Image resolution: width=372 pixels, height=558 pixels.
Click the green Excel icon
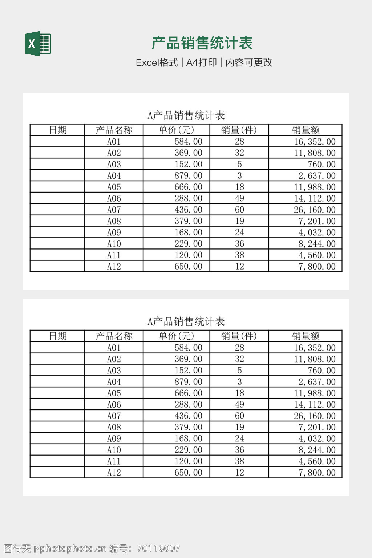point(38,44)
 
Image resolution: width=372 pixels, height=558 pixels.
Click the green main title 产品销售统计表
point(202,43)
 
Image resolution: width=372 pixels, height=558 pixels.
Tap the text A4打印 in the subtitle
point(201,62)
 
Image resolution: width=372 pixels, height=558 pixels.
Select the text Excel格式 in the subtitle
point(157,62)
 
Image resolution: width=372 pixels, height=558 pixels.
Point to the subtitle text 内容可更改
point(249,62)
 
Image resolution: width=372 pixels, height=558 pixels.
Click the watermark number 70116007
point(159,548)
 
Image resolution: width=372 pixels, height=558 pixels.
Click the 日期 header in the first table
point(58,130)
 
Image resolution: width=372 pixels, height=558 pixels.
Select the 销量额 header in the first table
point(306,130)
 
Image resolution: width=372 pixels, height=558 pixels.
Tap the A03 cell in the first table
point(114,164)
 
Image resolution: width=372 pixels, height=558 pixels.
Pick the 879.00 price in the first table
point(188,175)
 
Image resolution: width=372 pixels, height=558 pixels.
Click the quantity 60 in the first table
point(239,210)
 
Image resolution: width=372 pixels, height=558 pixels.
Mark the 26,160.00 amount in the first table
point(315,210)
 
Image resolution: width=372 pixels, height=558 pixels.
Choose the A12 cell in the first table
point(114,266)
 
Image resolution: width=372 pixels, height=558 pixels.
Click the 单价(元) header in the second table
point(177,336)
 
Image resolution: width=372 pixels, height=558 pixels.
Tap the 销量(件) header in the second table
point(239,336)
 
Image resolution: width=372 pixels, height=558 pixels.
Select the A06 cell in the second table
point(114,404)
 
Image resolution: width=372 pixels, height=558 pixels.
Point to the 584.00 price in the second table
point(188,348)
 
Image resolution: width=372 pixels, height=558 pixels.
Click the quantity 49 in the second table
point(239,404)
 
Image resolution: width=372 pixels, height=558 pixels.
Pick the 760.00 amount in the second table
point(322,371)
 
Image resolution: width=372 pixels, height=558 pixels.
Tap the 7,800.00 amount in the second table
point(317,473)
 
